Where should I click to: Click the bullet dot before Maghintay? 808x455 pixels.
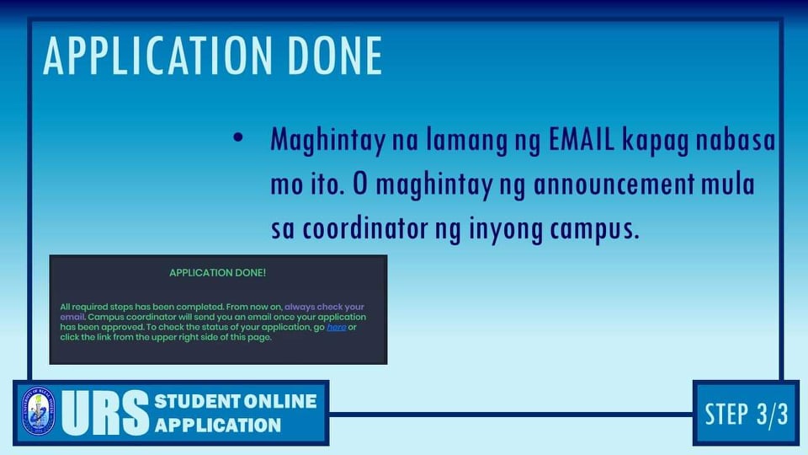[x=237, y=137]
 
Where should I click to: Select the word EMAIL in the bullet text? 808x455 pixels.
[x=582, y=139]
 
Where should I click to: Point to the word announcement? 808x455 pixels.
[x=614, y=185]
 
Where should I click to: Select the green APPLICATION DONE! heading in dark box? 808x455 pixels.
[x=217, y=273]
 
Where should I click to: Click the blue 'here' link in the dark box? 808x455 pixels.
[x=336, y=327]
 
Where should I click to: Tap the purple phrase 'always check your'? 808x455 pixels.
[x=324, y=307]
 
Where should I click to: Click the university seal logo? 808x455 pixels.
[x=38, y=411]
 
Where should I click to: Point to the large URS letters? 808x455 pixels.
[x=105, y=413]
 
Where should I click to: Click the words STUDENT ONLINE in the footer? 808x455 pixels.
[x=236, y=401]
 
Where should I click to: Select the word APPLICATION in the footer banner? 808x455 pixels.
[x=218, y=425]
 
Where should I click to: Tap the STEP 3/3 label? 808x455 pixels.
[x=747, y=414]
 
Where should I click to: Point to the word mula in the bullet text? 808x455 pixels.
[x=728, y=185]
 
